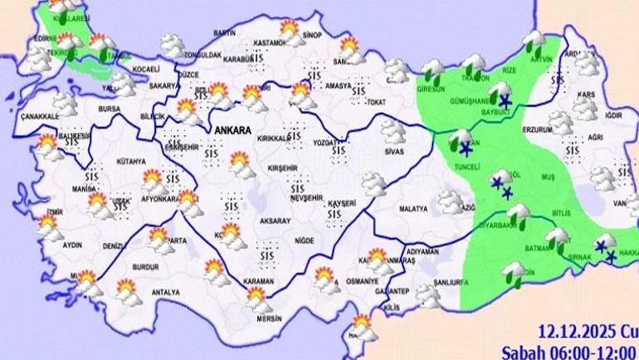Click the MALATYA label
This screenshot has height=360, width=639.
pos(412,210)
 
